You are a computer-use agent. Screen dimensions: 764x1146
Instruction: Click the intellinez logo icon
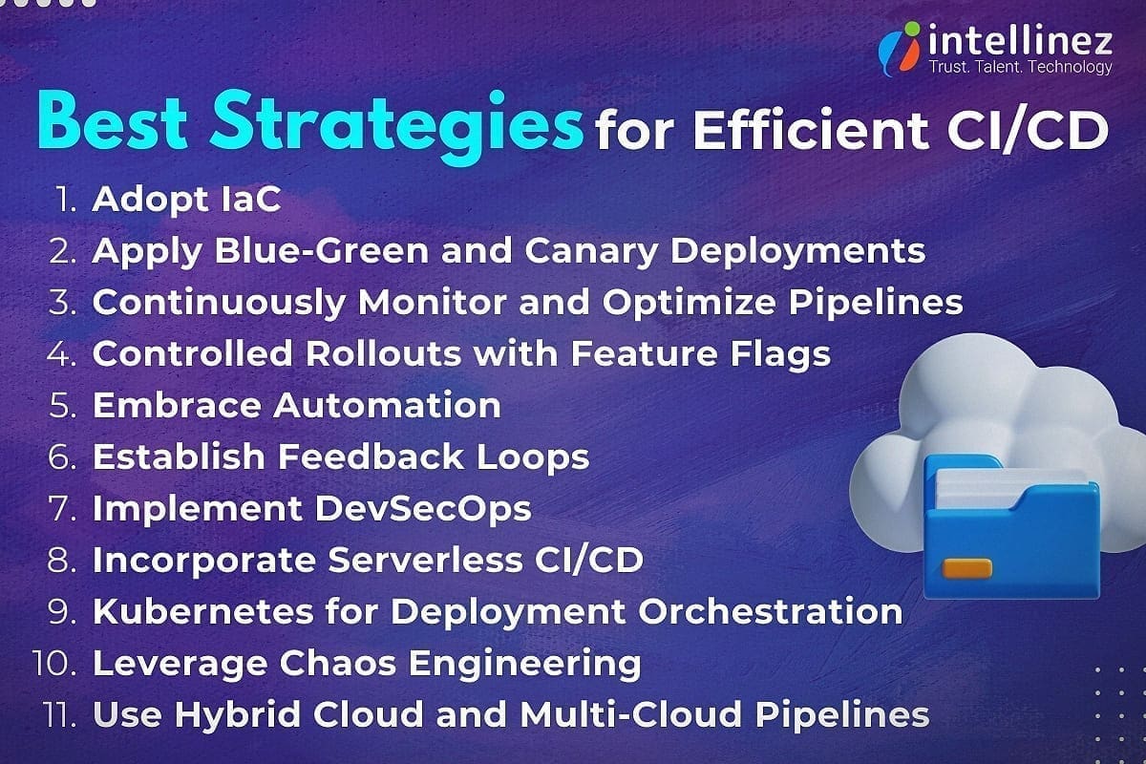(901, 50)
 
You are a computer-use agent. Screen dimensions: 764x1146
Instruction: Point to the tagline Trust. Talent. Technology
(1020, 67)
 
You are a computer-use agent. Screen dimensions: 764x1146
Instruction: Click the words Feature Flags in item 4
(700, 353)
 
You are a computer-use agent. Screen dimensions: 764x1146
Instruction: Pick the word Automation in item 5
(388, 405)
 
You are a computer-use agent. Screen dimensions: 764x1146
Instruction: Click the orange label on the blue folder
(966, 569)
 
